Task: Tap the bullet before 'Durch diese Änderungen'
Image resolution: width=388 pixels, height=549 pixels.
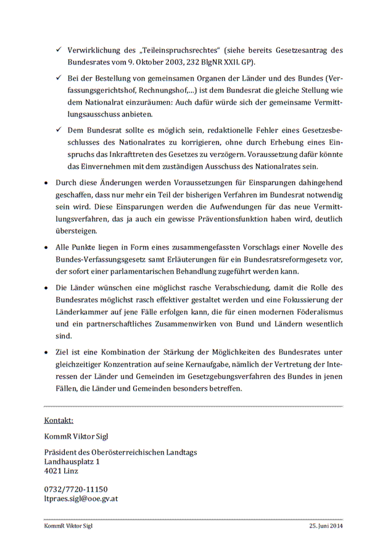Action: [47, 183]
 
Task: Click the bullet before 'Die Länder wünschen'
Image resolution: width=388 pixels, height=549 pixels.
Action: [47, 288]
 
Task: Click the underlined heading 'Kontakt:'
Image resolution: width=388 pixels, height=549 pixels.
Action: [59, 420]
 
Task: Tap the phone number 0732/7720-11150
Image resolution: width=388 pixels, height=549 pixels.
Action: [76, 489]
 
